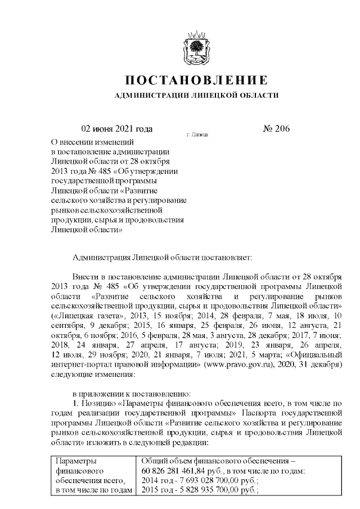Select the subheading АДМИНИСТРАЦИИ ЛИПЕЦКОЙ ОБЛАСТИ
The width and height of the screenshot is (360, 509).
pos(196,96)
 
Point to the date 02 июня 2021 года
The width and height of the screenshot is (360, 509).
pos(117,129)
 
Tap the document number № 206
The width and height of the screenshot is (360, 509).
pos(276,129)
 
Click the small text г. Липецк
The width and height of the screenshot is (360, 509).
pos(197,136)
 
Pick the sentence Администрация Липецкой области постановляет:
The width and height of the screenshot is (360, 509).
pos(164,257)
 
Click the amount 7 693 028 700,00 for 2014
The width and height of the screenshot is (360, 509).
pos(210,481)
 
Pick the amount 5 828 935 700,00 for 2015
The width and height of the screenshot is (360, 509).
pos(210,491)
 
